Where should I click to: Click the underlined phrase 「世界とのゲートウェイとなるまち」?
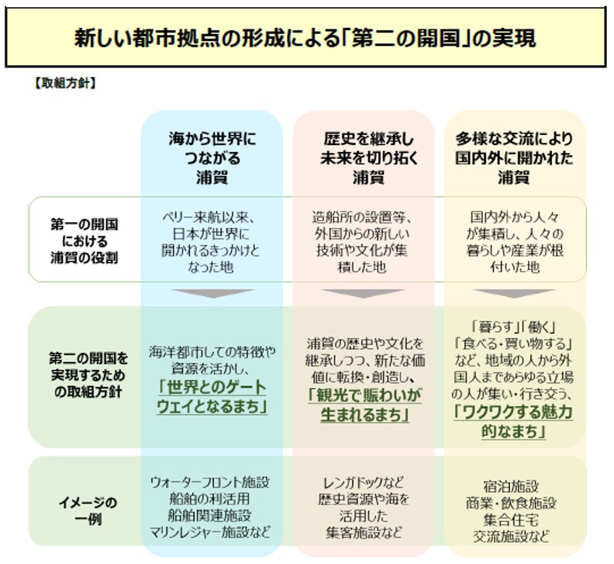[212, 397]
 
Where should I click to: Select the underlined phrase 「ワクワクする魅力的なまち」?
[514, 421]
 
